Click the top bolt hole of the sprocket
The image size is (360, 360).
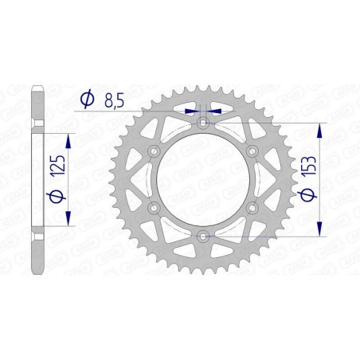[x=204, y=123]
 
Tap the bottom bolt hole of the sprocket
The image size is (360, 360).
[x=204, y=236]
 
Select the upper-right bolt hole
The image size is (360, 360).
[x=252, y=151]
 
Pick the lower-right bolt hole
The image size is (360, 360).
[x=252, y=208]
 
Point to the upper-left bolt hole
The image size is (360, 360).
[x=155, y=151]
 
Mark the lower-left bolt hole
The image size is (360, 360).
[x=155, y=208]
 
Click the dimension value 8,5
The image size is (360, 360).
[x=114, y=100]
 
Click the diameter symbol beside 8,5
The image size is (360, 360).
[x=88, y=100]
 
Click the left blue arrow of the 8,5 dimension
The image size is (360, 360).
[x=191, y=112]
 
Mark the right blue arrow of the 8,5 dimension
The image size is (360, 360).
[x=217, y=112]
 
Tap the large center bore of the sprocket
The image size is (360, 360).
[x=204, y=179]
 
